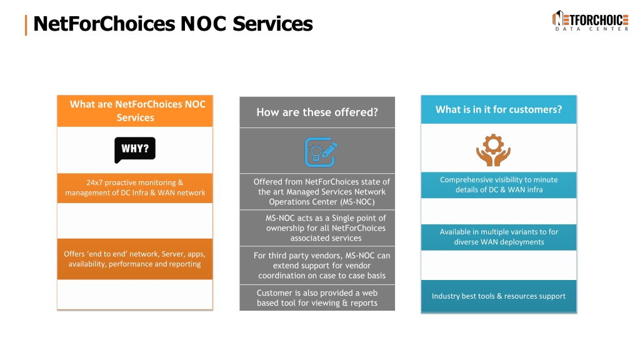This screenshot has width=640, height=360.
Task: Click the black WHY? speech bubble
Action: (x=135, y=149)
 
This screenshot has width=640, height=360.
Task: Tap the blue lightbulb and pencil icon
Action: (x=321, y=152)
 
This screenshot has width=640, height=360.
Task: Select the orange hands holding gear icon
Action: (x=493, y=150)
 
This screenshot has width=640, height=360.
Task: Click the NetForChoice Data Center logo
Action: (x=590, y=21)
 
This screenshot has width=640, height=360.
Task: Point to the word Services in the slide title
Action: (x=272, y=24)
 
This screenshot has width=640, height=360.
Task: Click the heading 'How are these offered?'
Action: (x=317, y=112)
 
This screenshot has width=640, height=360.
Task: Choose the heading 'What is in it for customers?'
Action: (x=499, y=109)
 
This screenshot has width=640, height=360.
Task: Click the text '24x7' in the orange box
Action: (x=94, y=182)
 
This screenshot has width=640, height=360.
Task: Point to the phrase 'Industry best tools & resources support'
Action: (x=499, y=296)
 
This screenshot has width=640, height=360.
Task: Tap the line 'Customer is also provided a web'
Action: (x=317, y=292)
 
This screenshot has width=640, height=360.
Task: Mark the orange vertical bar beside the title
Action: (x=26, y=25)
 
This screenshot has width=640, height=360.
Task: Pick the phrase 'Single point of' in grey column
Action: (x=359, y=218)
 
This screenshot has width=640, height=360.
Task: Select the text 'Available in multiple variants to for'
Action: (x=499, y=232)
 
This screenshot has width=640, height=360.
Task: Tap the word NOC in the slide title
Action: (x=203, y=24)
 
